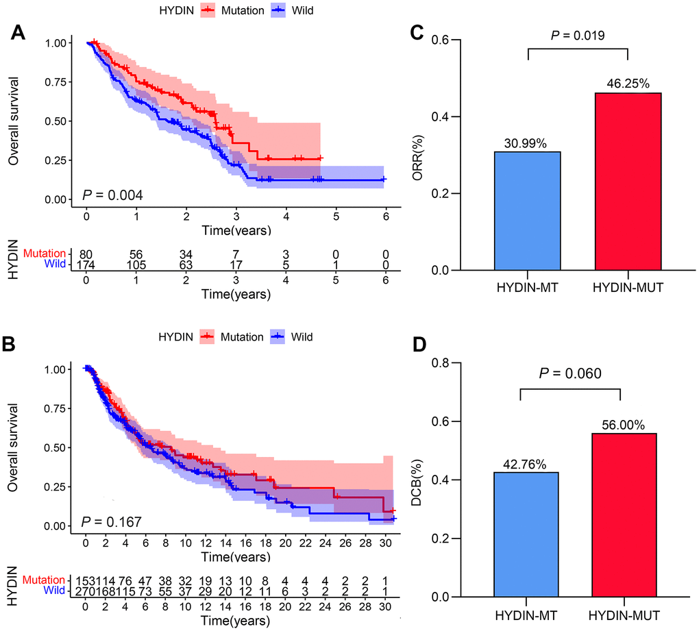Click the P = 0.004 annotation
coord(112,196)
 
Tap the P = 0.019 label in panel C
coord(578,35)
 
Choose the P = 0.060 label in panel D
coord(569,373)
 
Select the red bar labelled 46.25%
coord(627,182)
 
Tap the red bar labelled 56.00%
coord(620,515)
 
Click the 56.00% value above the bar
coord(620,425)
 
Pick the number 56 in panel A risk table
coord(137,253)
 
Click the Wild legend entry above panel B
coord(301,336)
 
